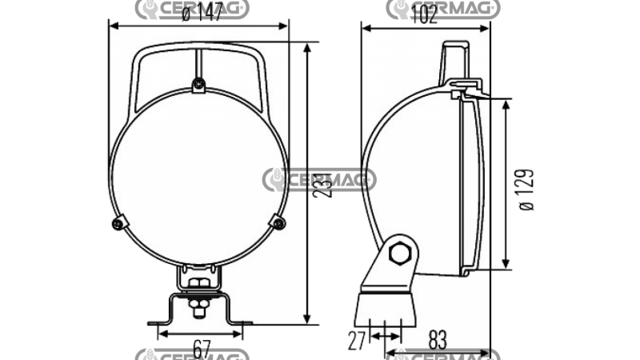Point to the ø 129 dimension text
click(x=526, y=190)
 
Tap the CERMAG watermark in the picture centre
click(x=319, y=180)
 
